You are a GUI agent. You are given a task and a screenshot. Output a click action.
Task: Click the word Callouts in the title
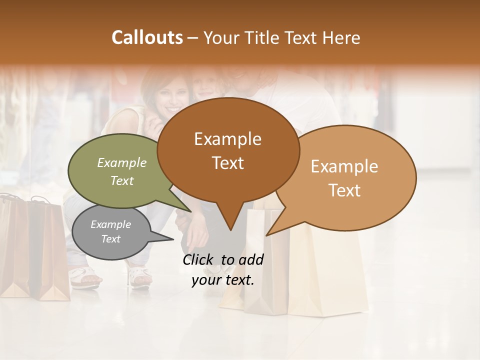147,37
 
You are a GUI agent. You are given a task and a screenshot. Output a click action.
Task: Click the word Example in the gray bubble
110,224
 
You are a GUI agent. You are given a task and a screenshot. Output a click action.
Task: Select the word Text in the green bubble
122,180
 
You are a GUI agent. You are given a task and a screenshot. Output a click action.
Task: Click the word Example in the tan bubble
344,166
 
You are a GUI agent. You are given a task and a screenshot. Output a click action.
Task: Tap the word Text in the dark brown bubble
228,163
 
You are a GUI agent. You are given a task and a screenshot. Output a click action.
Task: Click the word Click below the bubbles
199,259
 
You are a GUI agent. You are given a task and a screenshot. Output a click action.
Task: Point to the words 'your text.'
223,280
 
